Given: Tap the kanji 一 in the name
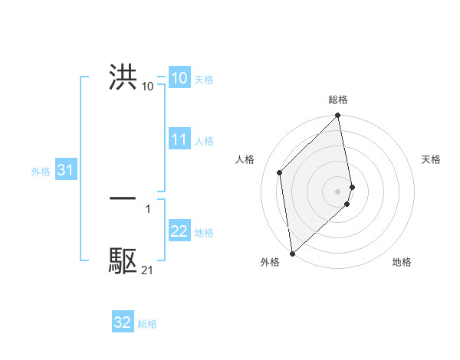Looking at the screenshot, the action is tap(123, 198).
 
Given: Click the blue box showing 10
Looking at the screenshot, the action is tap(179, 77).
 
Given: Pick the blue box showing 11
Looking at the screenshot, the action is tap(179, 139).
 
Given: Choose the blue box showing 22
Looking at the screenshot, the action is tap(179, 231).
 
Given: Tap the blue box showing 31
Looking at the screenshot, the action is tap(64, 170).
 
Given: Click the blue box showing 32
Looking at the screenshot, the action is tap(123, 322).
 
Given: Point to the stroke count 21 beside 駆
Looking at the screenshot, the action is tap(147, 270).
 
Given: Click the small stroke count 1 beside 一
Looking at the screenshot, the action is tap(147, 208).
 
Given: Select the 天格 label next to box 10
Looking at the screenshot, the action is tap(204, 79).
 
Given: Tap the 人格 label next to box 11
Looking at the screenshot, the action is tap(204, 141).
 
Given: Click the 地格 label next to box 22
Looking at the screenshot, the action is tap(204, 233).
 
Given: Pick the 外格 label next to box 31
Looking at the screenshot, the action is tap(41, 172).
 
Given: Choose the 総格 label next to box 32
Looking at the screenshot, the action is tap(147, 324).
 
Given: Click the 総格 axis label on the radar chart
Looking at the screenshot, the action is tap(338, 100).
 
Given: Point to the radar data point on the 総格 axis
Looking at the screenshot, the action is tap(338, 116).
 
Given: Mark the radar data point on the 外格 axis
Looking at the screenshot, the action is tap(291, 253).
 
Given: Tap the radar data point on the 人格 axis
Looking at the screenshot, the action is tap(280, 172).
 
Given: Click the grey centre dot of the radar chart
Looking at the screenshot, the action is tap(338, 191).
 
